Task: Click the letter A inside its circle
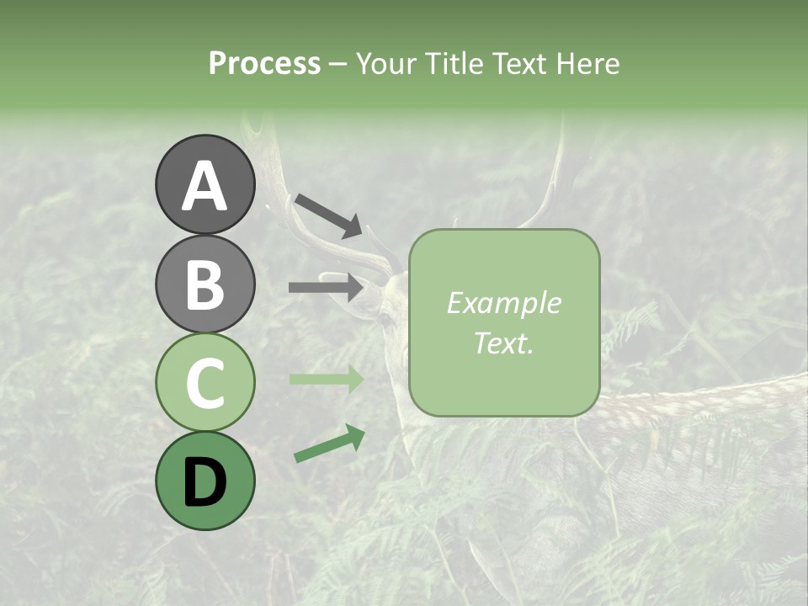pos(205,186)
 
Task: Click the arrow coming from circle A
pos(328,215)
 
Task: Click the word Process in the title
pos(264,63)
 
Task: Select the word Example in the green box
pos(503,303)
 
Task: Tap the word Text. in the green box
pos(503,343)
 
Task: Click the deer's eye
pos(385,320)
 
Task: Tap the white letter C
pos(205,383)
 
